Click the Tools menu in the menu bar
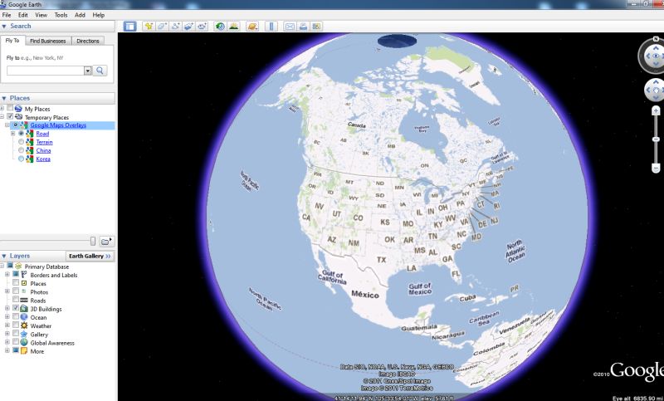tap(61, 15)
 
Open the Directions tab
tap(87, 41)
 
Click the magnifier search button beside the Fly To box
tap(100, 71)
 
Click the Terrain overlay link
tap(44, 142)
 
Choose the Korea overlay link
tap(43, 159)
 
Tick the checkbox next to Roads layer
tap(16, 301)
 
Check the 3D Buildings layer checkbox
tap(16, 309)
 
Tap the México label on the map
tap(364, 295)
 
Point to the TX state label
tap(382, 260)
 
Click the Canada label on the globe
tap(356, 125)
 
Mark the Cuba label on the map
tap(470, 297)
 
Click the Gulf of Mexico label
tap(420, 288)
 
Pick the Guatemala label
tap(419, 328)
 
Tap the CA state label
tap(306, 218)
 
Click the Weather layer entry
tap(41, 326)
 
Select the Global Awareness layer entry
tap(52, 343)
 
